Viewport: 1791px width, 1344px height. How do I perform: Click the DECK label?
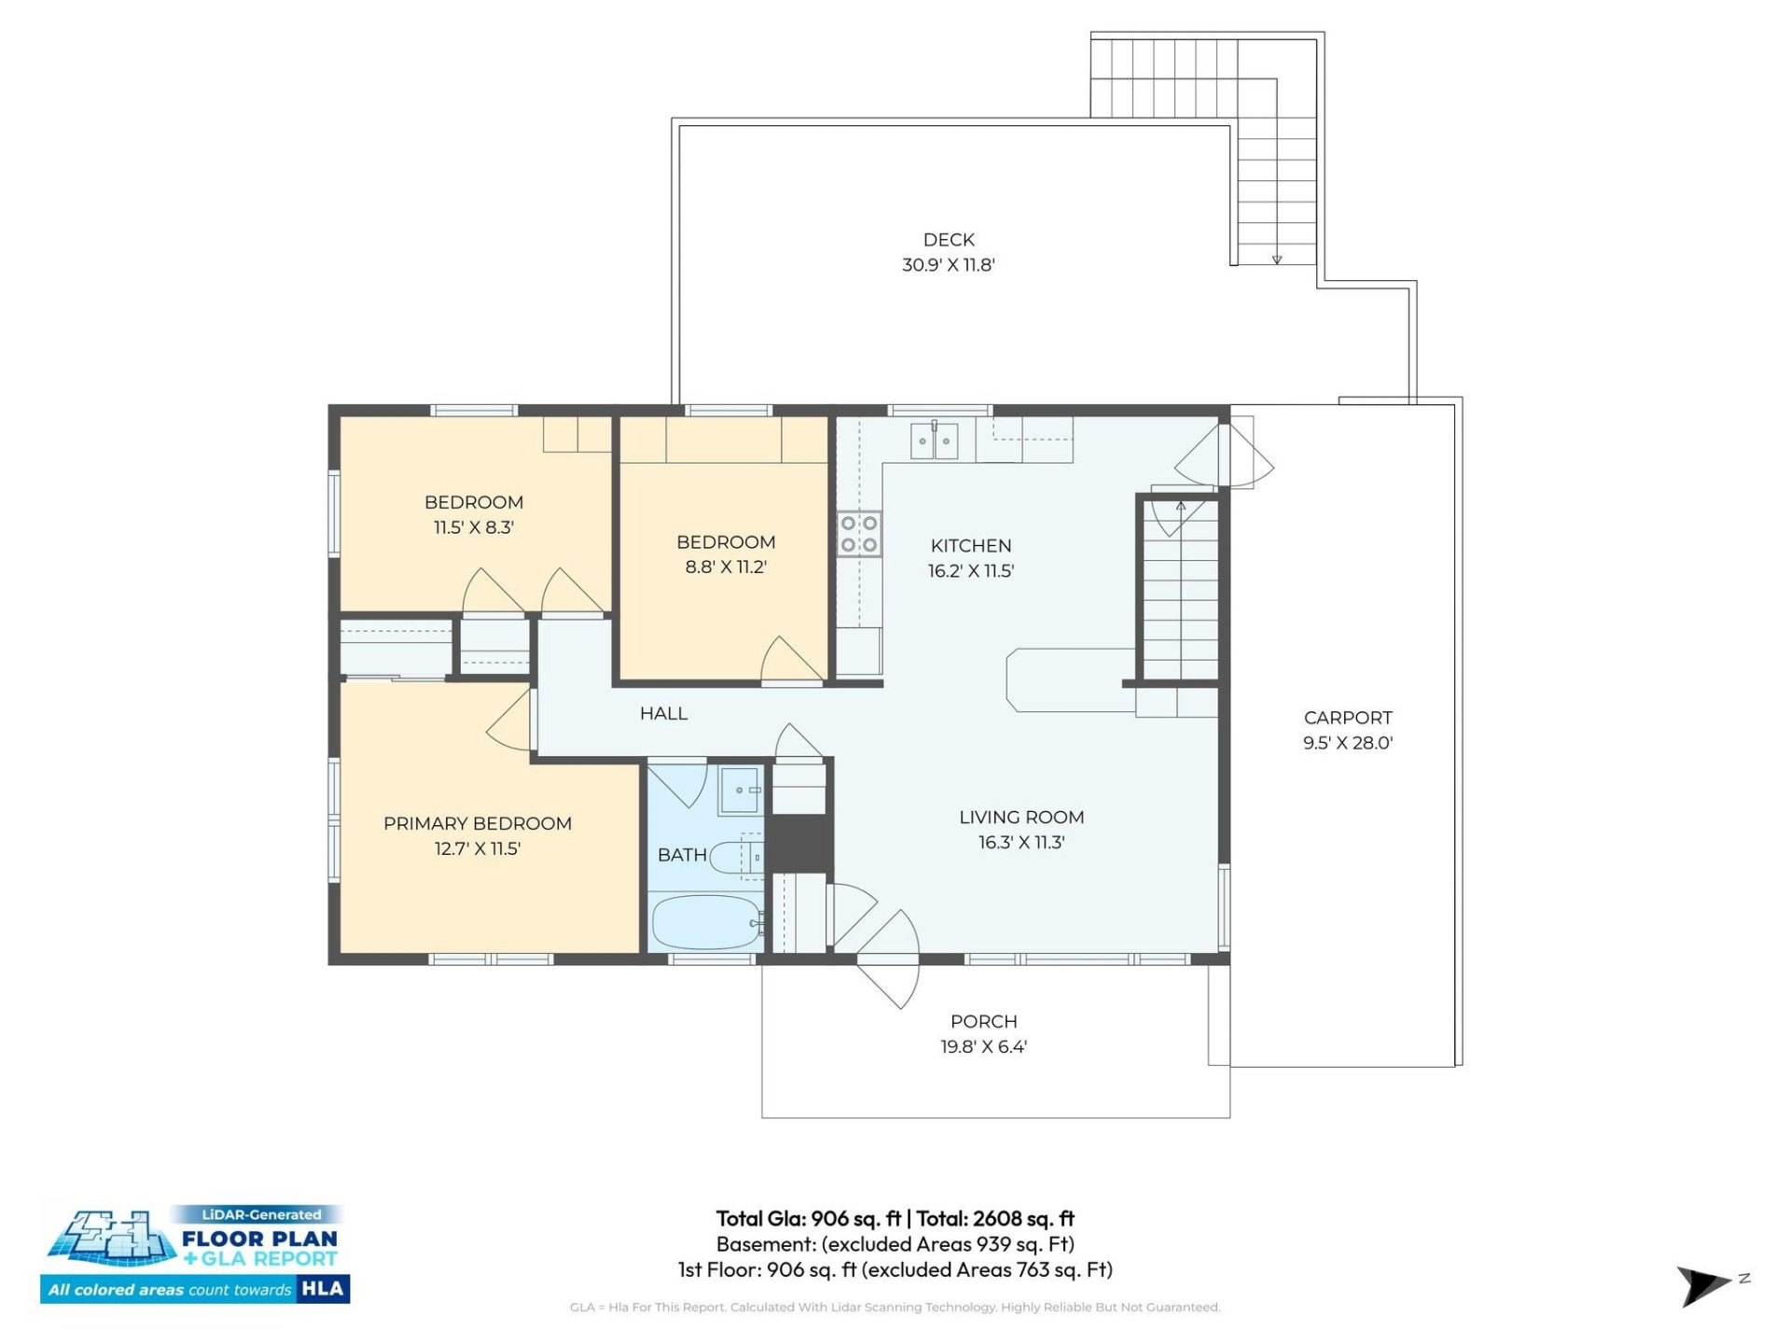pyautogui.click(x=948, y=240)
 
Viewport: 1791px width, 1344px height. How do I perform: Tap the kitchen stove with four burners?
pyautogui.click(x=858, y=534)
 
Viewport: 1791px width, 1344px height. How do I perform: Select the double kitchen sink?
pyautogui.click(x=934, y=441)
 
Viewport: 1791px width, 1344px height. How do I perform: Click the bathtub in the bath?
pyautogui.click(x=706, y=922)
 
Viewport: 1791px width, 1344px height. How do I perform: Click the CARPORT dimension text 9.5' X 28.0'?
pyautogui.click(x=1347, y=743)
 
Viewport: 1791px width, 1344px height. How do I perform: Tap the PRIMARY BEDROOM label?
pyautogui.click(x=477, y=823)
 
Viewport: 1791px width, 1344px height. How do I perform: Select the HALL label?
pyautogui.click(x=663, y=713)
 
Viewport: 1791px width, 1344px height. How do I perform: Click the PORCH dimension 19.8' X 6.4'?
pyautogui.click(x=983, y=1046)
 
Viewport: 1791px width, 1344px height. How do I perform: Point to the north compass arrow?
pyautogui.click(x=1704, y=1285)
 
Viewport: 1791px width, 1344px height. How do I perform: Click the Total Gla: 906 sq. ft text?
pyautogui.click(x=808, y=1218)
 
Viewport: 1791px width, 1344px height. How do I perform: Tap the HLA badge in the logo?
pyautogui.click(x=323, y=1289)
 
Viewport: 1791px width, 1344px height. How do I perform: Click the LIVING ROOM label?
pyautogui.click(x=1021, y=817)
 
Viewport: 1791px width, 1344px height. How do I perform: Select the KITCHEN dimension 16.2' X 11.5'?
pyautogui.click(x=970, y=571)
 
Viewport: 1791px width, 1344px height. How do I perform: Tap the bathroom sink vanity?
pyautogui.click(x=740, y=791)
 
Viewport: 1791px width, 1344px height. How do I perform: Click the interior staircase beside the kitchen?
pyautogui.click(x=1180, y=597)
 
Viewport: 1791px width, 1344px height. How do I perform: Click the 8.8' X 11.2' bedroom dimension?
pyautogui.click(x=725, y=567)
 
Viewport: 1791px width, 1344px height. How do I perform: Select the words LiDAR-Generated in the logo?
pyautogui.click(x=261, y=1214)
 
